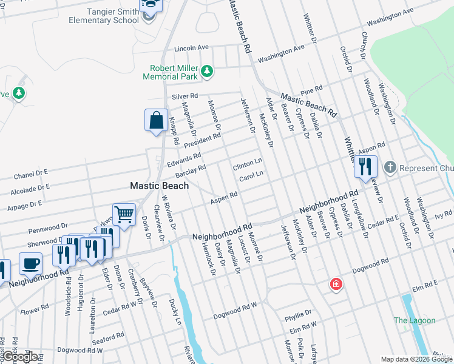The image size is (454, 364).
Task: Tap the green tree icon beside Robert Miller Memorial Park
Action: [207, 72]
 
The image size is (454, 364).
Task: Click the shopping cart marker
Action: [124, 214]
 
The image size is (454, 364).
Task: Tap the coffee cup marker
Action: [30, 263]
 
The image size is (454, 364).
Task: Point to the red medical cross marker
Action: [335, 284]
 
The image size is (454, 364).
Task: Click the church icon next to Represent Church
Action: [390, 166]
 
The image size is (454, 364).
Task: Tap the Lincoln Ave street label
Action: [191, 47]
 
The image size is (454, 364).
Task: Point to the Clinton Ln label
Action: [247, 164]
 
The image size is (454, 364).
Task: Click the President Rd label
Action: [202, 141]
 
